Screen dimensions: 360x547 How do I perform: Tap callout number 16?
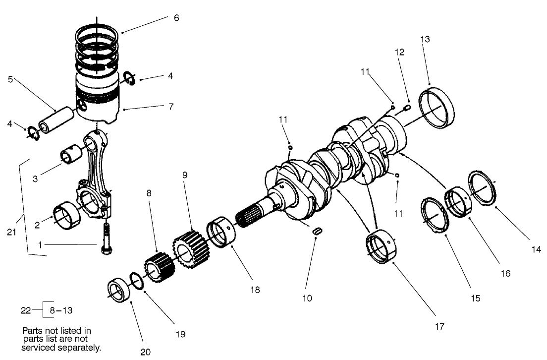504,273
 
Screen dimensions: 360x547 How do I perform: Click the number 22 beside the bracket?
26,310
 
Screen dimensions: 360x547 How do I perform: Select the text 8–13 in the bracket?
61,310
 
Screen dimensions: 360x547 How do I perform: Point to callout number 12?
399,52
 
